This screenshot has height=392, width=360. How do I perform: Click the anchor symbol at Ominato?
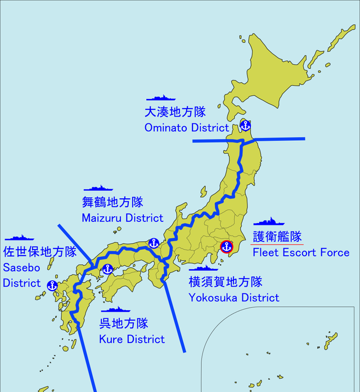245,125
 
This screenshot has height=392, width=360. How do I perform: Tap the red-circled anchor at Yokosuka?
227,247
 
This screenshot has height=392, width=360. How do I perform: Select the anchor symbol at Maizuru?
154,243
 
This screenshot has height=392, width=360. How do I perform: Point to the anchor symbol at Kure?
107,269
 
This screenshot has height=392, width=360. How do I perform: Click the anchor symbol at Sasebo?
52,286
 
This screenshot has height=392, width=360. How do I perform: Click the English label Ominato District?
186,128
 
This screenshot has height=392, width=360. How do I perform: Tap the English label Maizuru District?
122,217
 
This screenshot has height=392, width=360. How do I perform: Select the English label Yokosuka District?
233,297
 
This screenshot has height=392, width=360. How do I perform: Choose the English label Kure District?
132,339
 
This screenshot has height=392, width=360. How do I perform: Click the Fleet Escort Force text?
301,252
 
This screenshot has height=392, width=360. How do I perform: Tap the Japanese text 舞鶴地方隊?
112,202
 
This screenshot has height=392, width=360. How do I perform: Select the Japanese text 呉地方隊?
124,323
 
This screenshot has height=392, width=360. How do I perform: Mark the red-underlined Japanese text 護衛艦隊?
277,237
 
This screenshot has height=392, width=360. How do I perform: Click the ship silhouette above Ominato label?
161,98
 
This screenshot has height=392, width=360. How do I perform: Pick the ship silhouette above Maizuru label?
98,188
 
